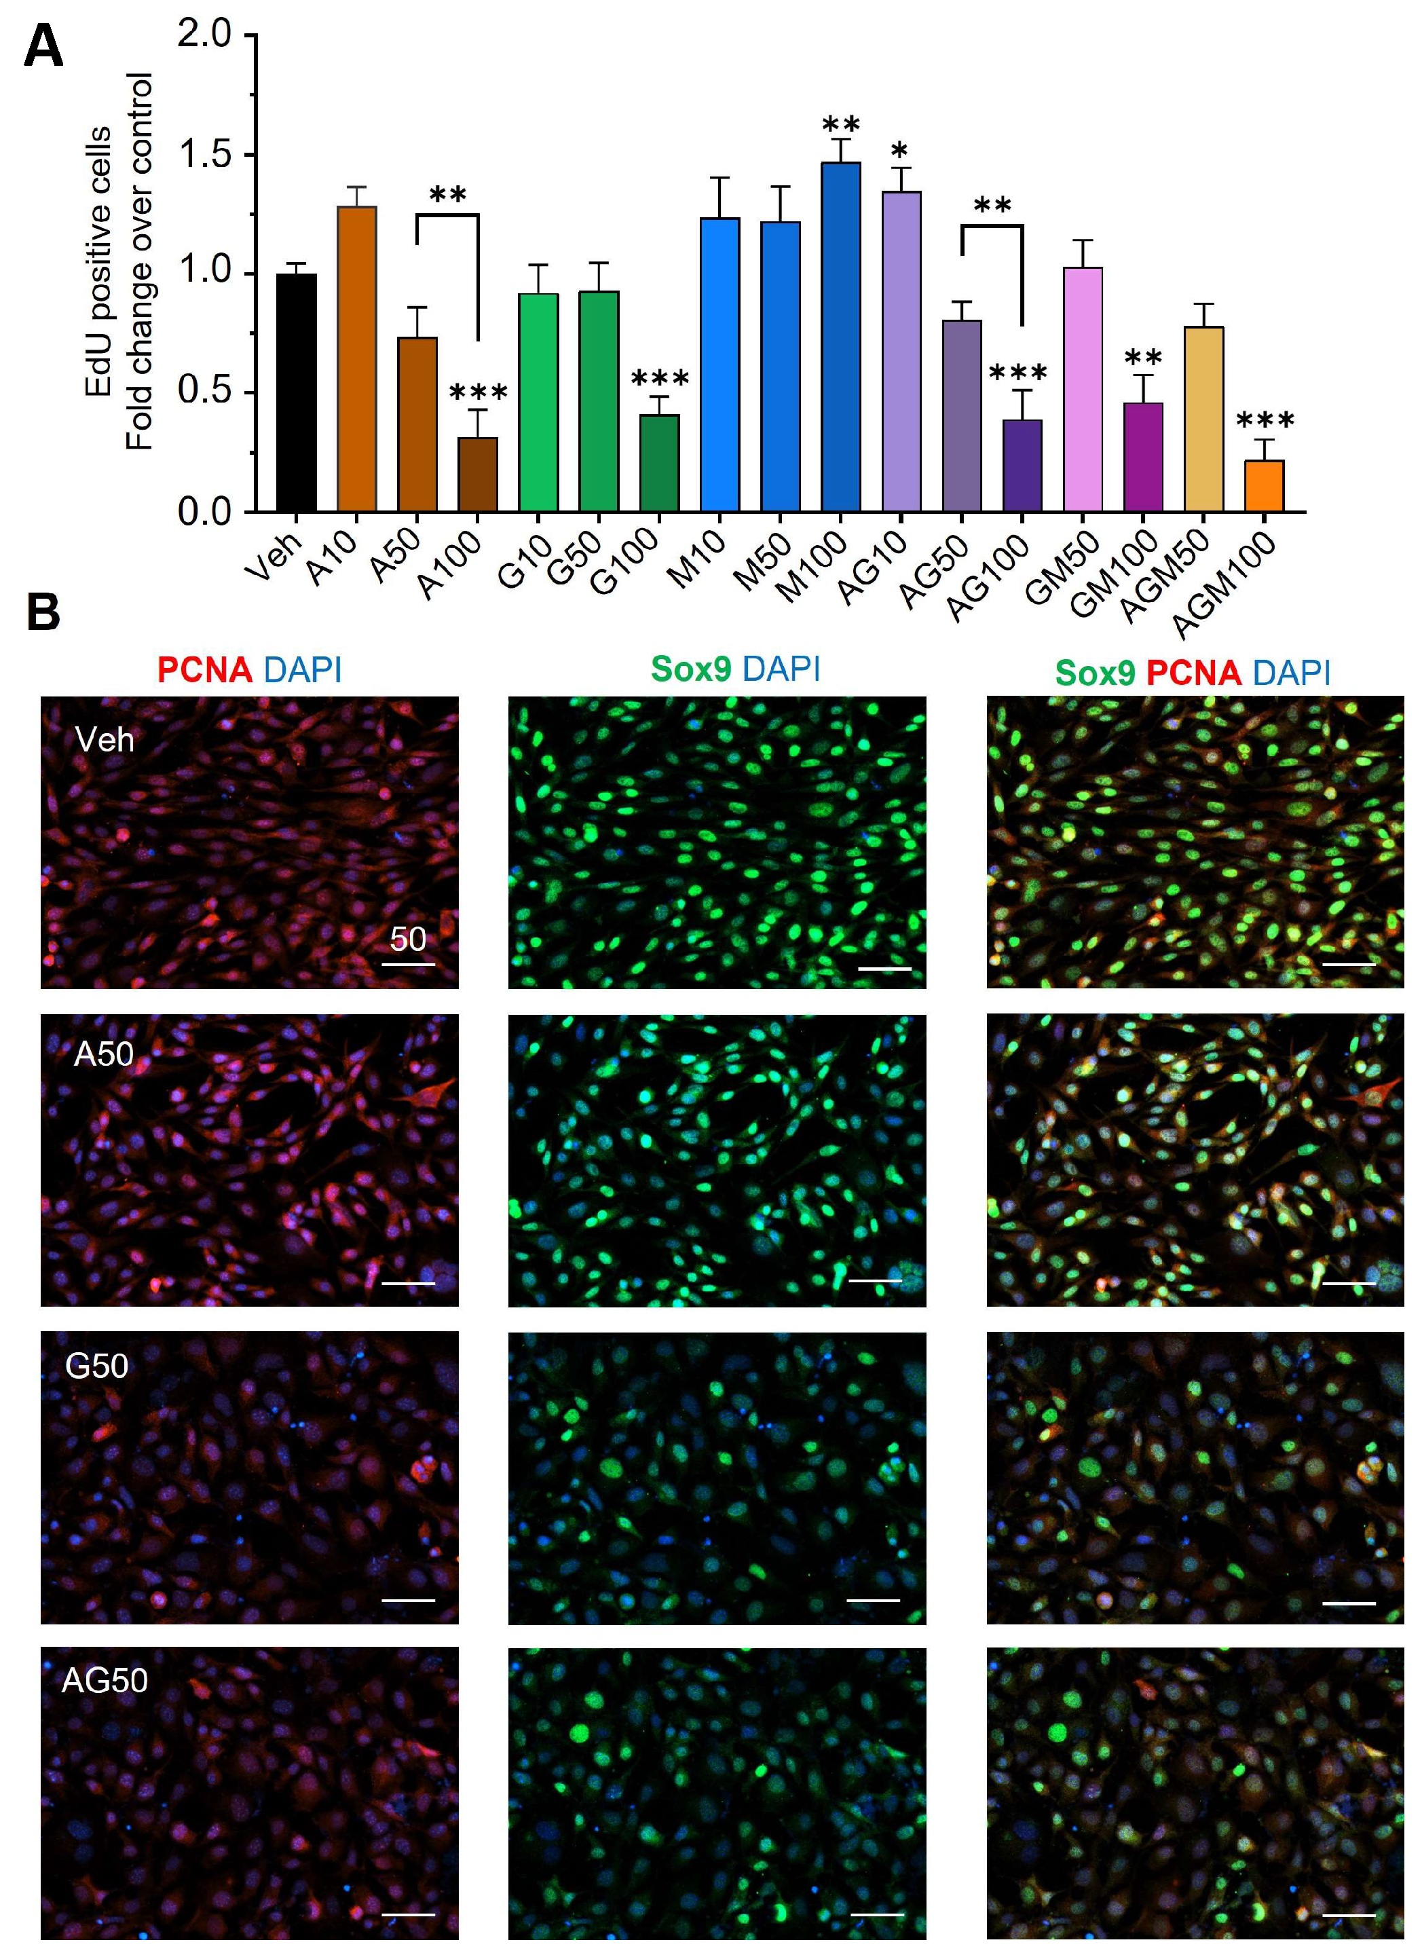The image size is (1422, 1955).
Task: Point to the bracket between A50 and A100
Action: click(x=447, y=215)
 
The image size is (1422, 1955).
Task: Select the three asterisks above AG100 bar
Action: click(x=1018, y=374)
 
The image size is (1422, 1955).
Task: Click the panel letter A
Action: click(x=43, y=48)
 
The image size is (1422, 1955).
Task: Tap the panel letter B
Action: click(x=43, y=612)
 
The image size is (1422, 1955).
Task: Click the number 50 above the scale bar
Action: click(x=408, y=939)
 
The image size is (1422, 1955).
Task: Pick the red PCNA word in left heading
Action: click(x=204, y=670)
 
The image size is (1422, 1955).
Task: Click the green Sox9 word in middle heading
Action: click(x=690, y=669)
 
